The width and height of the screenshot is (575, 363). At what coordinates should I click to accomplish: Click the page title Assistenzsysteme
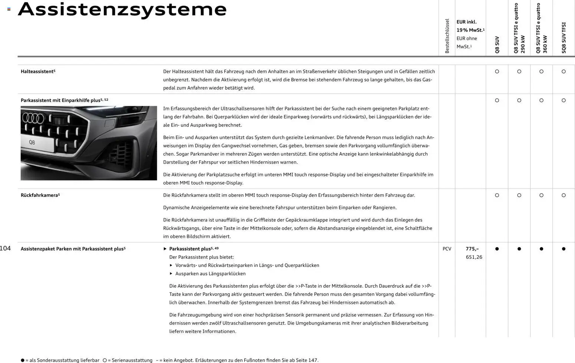tap(122, 10)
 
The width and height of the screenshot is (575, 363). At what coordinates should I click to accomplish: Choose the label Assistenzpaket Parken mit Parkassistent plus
tap(73, 249)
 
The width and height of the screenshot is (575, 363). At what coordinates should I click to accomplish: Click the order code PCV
tap(447, 249)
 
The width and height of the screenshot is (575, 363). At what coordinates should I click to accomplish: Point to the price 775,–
tap(472, 249)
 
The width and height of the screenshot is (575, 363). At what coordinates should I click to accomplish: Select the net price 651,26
tap(474, 257)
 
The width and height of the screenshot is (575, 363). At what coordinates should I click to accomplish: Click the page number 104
tap(5, 248)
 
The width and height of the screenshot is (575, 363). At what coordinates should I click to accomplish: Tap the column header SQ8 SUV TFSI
tap(563, 38)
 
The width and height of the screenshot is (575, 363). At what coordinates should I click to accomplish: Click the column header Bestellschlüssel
tap(447, 36)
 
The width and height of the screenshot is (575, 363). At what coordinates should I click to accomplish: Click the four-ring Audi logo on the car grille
tap(33, 118)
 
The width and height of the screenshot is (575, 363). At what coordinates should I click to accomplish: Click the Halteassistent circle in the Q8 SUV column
tap(497, 72)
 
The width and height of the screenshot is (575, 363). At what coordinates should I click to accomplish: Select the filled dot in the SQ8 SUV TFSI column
tap(563, 249)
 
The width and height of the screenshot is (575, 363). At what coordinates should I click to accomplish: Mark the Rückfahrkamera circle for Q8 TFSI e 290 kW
tap(519, 195)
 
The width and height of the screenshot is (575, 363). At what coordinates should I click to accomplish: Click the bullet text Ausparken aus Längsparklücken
tap(210, 274)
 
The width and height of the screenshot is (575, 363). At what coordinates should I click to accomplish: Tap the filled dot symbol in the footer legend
tap(23, 360)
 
